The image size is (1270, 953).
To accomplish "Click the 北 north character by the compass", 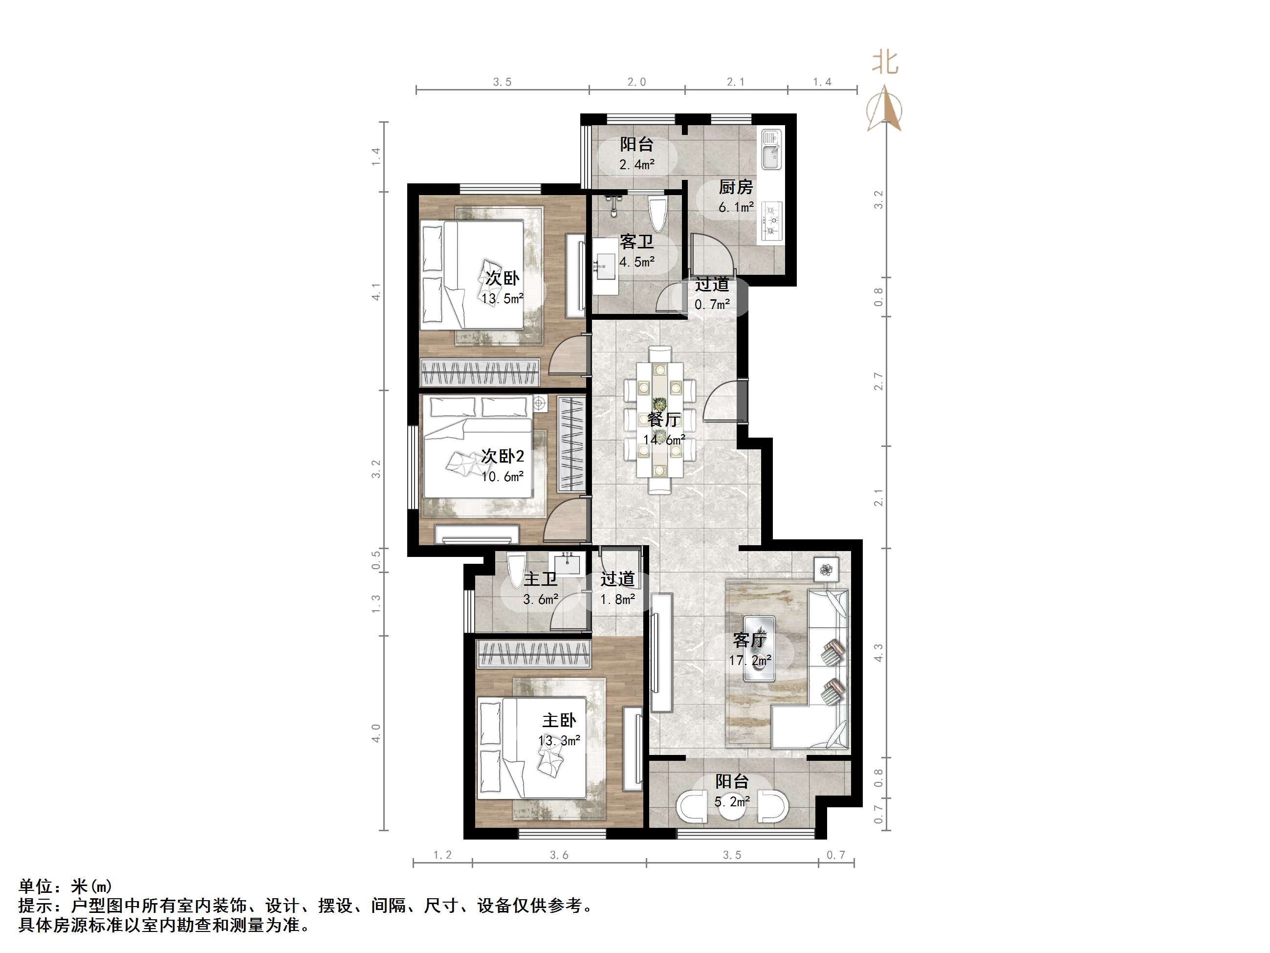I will (885, 62).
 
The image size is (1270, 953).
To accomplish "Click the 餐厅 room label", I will (664, 420).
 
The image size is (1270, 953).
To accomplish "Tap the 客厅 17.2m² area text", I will (750, 661).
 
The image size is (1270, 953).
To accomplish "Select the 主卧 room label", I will (559, 720).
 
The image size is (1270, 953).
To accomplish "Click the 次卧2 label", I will (503, 457).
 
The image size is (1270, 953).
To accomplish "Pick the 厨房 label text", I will (736, 187).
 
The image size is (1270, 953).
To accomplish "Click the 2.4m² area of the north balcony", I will (637, 165).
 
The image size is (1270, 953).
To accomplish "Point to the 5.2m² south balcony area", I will (732, 801).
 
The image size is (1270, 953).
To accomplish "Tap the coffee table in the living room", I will (759, 648).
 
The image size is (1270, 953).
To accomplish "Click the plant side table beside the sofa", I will (826, 570).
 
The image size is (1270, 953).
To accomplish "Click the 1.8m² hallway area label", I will (617, 599).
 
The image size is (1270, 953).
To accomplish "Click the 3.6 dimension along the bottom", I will (559, 855).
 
